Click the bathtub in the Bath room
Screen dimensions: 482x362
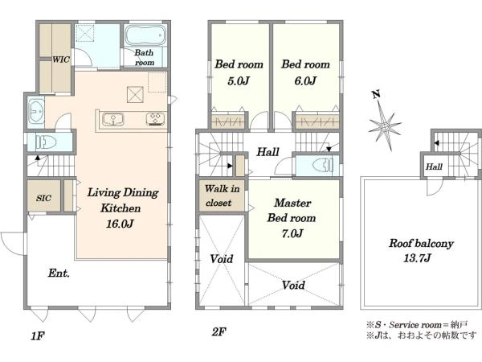(145, 35)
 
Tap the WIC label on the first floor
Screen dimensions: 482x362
(61, 60)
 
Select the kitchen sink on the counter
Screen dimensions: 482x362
(113, 119)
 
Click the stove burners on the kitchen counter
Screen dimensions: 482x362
(156, 119)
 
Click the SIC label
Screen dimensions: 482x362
(43, 198)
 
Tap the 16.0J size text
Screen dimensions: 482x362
(120, 224)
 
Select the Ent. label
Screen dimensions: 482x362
(59, 273)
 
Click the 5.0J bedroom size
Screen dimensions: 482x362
(239, 81)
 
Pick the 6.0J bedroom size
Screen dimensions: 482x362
(305, 81)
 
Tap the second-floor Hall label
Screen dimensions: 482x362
(268, 152)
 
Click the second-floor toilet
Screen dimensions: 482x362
(323, 166)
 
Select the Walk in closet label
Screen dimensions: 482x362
(222, 195)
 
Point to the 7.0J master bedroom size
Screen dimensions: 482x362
(292, 233)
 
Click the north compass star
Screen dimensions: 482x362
(385, 125)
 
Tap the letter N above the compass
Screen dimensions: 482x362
(376, 94)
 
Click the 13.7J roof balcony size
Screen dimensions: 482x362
(417, 258)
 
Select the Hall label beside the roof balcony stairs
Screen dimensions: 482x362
(434, 167)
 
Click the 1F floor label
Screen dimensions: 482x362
(38, 336)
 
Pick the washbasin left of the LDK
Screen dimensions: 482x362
(36, 110)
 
